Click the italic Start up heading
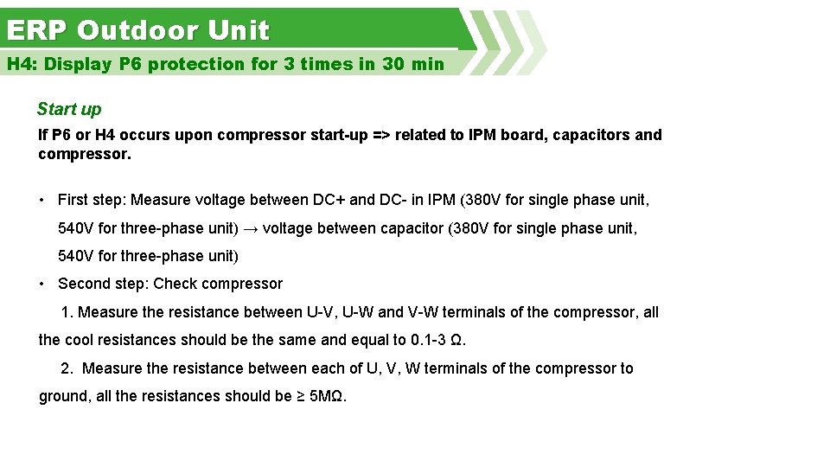69,109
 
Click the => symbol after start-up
378,135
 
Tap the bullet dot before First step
41,200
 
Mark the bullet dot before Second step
41,284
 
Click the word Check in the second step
174,284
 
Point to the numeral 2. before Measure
67,368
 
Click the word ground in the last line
61,397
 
